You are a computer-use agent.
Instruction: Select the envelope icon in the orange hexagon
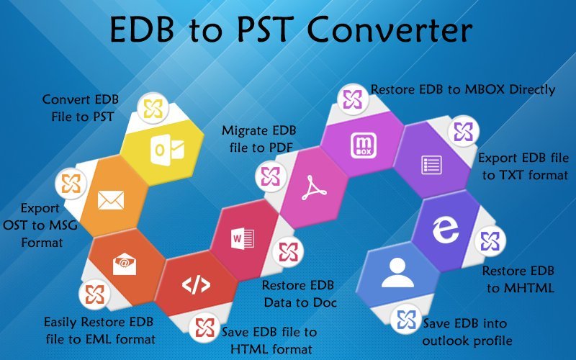point(111,199)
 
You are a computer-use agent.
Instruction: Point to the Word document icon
point(239,237)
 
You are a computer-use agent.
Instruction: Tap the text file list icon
point(430,165)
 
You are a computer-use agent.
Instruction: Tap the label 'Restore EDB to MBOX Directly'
point(463,90)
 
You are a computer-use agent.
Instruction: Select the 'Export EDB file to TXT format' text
point(523,166)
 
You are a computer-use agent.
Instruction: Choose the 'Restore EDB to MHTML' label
point(518,280)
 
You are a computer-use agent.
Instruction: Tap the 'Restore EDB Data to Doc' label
point(299,293)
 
